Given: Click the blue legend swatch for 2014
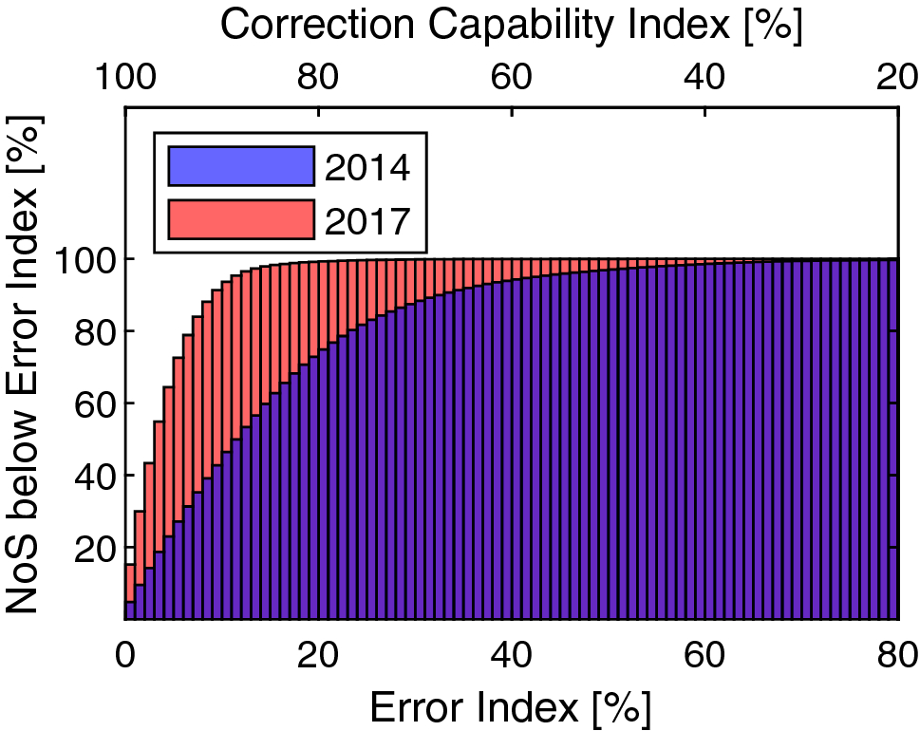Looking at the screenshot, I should [240, 166].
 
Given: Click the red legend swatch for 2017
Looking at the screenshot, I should [240, 219].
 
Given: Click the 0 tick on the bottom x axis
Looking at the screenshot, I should [125, 654].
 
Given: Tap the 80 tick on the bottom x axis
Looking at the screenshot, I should [896, 654].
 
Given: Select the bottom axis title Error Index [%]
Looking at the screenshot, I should [511, 707].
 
